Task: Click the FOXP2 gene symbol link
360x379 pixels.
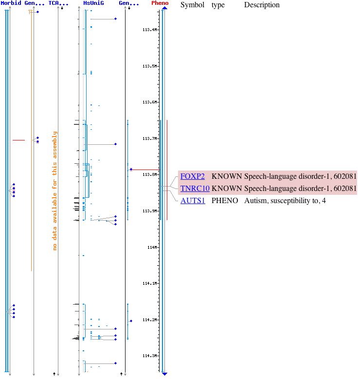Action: pyautogui.click(x=192, y=176)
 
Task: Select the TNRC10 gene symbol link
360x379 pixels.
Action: pyautogui.click(x=195, y=189)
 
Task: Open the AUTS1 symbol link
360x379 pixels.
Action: pyautogui.click(x=193, y=200)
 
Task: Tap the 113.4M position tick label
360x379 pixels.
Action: pyautogui.click(x=149, y=30)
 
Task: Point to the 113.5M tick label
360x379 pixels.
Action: pyautogui.click(x=149, y=66)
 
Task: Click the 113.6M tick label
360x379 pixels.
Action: pyautogui.click(x=149, y=102)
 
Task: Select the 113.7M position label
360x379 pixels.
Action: pyautogui.click(x=149, y=138)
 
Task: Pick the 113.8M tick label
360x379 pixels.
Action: pyautogui.click(x=149, y=174)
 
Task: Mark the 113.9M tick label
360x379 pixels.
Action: pyautogui.click(x=149, y=211)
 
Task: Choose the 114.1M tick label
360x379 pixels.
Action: pyautogui.click(x=149, y=283)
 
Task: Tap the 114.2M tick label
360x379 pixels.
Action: pyautogui.click(x=149, y=320)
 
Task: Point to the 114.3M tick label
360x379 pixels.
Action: pyautogui.click(x=149, y=356)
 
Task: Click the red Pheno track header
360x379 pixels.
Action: pyautogui.click(x=160, y=3)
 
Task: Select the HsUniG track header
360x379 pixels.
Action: pyautogui.click(x=93, y=3)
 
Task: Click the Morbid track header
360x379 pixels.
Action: pyautogui.click(x=11, y=3)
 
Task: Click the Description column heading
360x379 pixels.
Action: pyautogui.click(x=262, y=5)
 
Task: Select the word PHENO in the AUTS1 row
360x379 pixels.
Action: pyautogui.click(x=225, y=200)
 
